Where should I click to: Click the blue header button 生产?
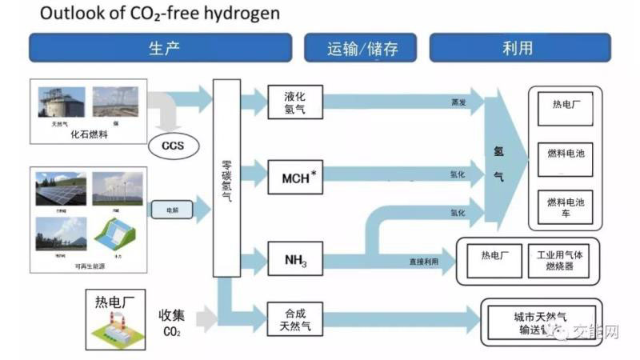[x=164, y=47]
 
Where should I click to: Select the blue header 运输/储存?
[x=362, y=48]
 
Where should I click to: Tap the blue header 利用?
[x=519, y=47]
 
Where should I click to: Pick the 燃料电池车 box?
[x=566, y=207]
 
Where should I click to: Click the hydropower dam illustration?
[x=118, y=238]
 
